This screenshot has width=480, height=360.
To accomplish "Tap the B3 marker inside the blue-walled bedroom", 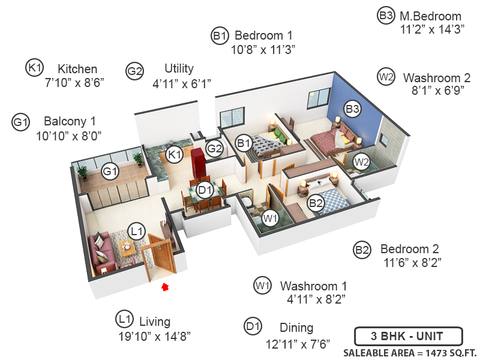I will [x=352, y=109].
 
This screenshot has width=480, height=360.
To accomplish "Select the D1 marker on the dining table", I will [x=205, y=191].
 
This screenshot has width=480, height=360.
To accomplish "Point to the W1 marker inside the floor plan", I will [x=270, y=217].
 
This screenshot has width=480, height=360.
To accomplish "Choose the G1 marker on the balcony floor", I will [x=109, y=172].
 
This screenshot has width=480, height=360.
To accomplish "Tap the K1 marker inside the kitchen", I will [x=175, y=155].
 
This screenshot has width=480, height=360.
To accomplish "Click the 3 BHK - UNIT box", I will [x=407, y=335].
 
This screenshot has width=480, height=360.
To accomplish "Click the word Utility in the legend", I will [x=179, y=68].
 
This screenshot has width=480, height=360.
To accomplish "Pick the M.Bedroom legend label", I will [x=431, y=16].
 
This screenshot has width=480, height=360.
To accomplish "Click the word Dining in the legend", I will [x=296, y=328].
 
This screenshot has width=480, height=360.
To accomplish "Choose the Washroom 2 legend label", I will [x=437, y=77].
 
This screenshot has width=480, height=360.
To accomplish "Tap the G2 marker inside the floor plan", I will [x=214, y=148].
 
